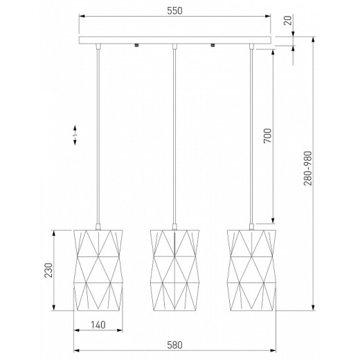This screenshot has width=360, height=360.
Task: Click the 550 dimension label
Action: point(174,11)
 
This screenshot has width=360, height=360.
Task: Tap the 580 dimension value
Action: point(174,345)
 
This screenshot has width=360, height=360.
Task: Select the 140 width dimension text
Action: point(98,325)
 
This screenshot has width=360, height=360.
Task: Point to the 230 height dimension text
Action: point(48,270)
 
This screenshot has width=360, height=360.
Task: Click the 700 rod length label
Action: point(268,136)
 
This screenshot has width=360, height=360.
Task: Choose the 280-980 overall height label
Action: point(308,168)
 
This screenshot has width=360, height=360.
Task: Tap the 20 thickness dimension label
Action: point(288,20)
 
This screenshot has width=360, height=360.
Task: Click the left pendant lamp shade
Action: point(98,270)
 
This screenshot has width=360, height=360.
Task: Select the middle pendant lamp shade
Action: point(174,270)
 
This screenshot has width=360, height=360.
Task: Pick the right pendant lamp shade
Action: point(251,270)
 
